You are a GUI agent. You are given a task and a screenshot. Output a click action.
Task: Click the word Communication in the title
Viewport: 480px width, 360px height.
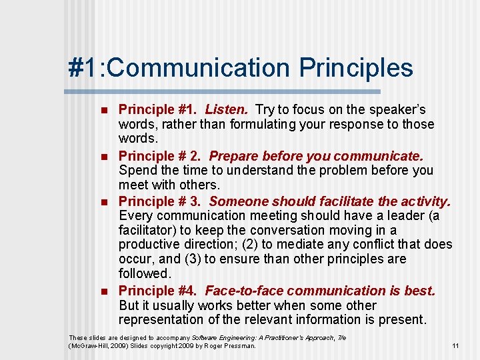195,68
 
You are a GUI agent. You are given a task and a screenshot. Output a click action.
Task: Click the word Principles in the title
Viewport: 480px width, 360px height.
356,68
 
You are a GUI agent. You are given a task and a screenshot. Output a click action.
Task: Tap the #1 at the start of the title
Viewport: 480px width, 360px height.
83,68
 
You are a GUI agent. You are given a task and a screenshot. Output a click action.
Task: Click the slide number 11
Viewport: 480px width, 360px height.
455,346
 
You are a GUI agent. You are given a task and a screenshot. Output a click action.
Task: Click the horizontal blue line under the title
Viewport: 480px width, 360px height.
224,91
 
